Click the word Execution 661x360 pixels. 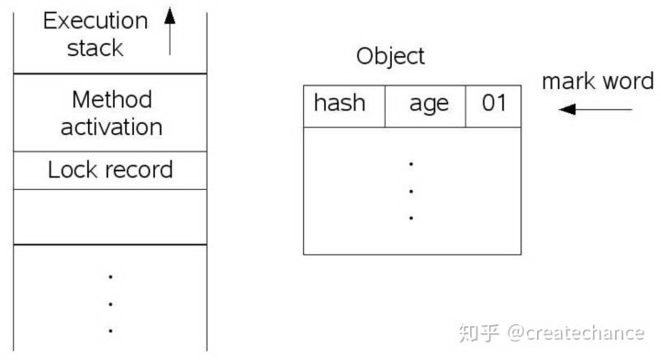(95, 21)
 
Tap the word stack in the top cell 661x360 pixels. (95, 48)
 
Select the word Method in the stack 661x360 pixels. (111, 99)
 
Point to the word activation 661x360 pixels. (111, 127)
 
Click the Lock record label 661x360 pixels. (110, 170)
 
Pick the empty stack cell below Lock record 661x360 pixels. (110, 217)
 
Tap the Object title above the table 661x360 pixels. (390, 56)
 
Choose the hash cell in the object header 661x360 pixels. (339, 103)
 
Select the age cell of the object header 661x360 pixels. (429, 104)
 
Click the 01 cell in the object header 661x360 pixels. (494, 103)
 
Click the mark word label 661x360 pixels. (597, 81)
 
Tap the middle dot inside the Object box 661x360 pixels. (411, 192)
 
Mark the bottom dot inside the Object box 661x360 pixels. (411, 219)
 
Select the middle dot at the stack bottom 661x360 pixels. (110, 303)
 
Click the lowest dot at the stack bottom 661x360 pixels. (110, 330)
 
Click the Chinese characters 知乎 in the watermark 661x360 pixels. (480, 332)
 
